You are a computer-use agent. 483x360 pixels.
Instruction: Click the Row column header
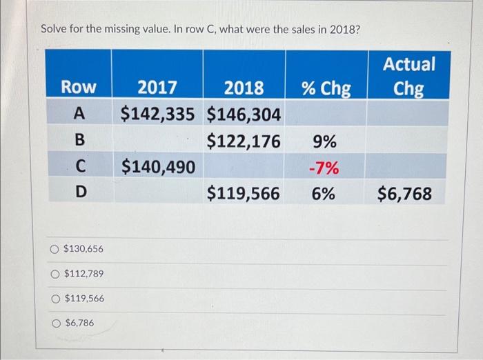79,88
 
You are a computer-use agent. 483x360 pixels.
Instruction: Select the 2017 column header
157,88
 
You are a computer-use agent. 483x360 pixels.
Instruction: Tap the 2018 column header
244,88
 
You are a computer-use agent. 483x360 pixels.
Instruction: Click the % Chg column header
325,88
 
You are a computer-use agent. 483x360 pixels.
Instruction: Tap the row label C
80,166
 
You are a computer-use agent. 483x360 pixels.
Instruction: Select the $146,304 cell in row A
244,113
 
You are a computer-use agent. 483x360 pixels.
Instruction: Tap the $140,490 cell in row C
157,166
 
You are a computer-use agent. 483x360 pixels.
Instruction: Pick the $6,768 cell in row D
404,194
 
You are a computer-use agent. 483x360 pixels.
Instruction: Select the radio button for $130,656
54,248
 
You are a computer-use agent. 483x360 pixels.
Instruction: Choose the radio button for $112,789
54,274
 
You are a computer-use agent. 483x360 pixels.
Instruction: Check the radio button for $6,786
55,322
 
